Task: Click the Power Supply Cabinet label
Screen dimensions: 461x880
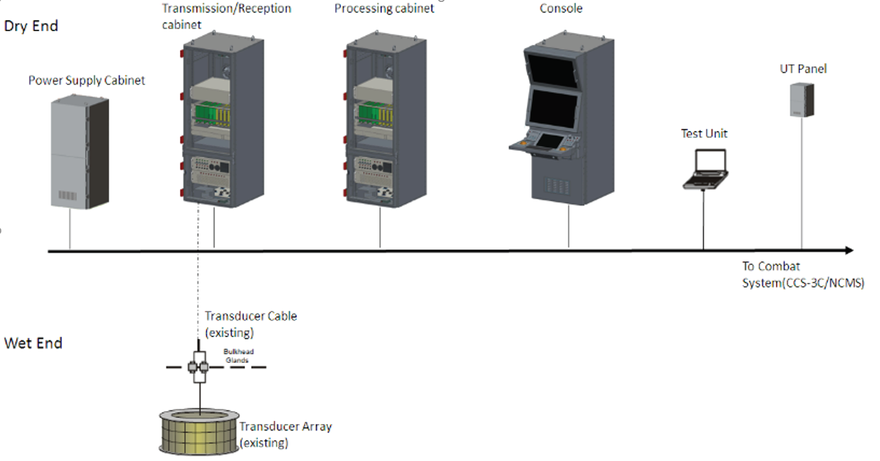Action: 86,81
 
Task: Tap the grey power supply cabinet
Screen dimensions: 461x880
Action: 79,153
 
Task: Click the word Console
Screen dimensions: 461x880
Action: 561,9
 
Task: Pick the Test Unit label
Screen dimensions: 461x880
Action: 704,134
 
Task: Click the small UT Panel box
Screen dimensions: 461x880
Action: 801,101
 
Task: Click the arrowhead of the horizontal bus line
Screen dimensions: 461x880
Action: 849,251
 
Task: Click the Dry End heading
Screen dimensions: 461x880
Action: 31,26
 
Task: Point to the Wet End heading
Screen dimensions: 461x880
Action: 33,343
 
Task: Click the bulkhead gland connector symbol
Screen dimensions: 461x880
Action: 198,367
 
